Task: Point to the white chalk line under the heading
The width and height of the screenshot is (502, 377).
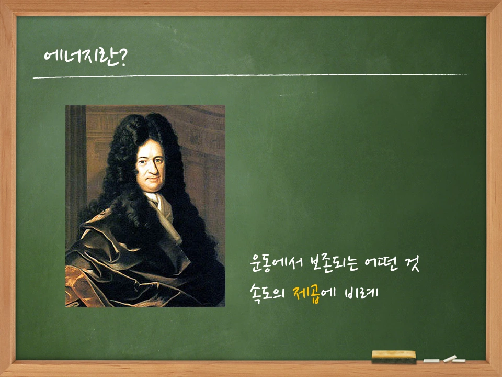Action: pos(251,76)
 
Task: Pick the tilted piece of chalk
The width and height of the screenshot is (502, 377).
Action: pos(449,359)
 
